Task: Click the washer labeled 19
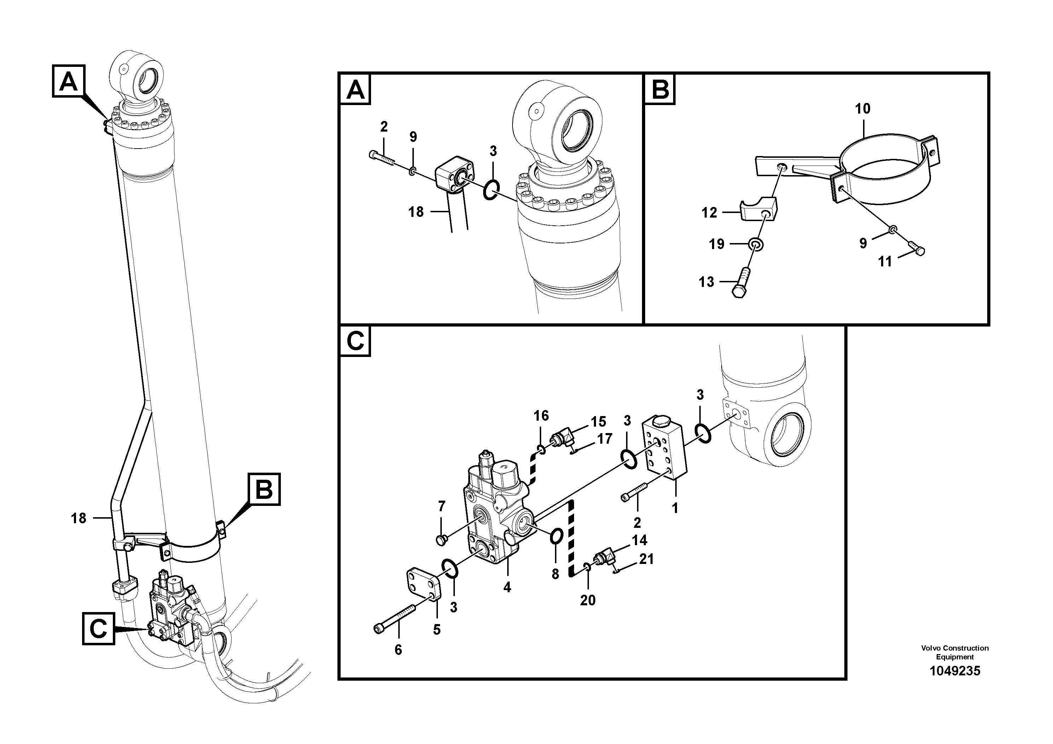756,244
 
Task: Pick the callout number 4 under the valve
507,588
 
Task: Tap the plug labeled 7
442,540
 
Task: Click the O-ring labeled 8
556,536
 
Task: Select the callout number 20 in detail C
588,600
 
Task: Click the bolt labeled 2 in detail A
382,158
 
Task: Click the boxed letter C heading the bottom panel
355,341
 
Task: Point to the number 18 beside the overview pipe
79,518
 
